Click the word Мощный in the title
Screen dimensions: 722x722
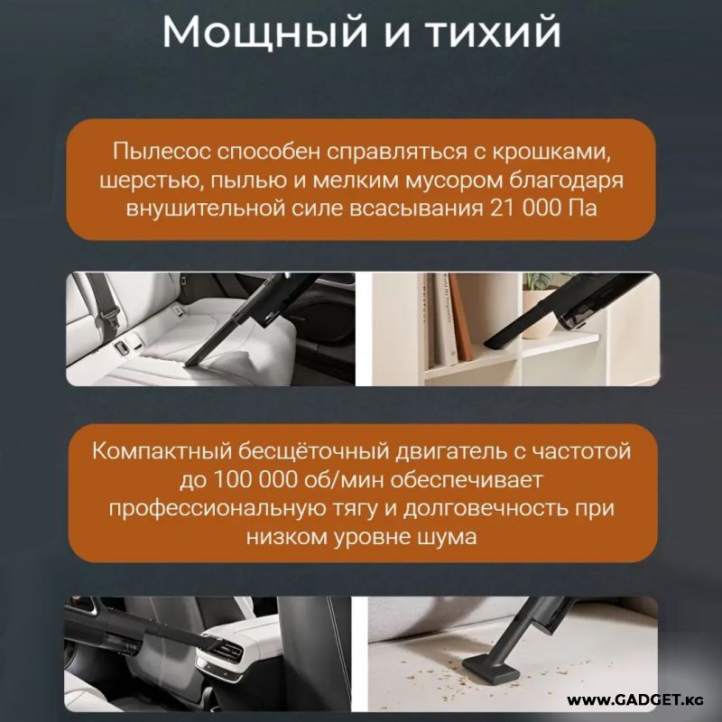264,32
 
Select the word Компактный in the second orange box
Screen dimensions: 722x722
162,450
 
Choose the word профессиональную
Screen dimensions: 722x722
217,509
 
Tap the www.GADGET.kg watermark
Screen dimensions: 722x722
635,701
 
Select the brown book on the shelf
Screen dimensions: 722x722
460,317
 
